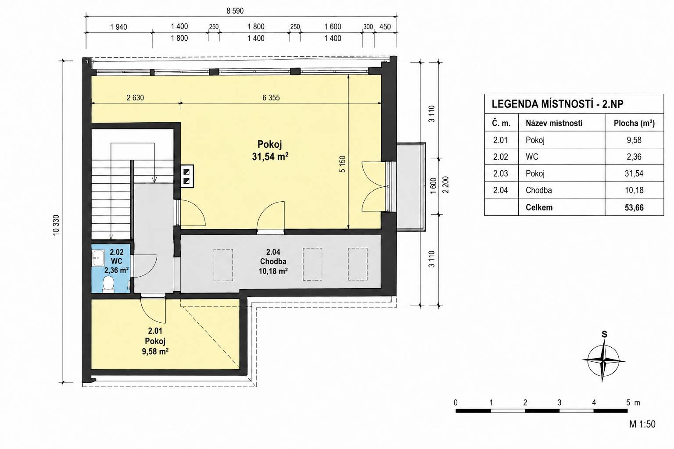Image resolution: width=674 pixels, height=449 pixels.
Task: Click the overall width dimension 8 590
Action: pos(235,11)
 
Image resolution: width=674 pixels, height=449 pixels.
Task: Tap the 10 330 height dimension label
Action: pos(56,225)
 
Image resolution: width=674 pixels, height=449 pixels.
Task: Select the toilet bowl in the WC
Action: pos(108,284)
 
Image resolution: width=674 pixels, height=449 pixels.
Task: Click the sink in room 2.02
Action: pos(98,258)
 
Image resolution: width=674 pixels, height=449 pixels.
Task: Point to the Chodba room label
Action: pos(273,261)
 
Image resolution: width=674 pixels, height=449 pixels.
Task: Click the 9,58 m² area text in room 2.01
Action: pos(155,351)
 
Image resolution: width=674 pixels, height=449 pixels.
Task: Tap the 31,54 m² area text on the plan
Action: pos(270,157)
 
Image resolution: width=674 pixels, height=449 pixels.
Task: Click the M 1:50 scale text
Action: pos(642,424)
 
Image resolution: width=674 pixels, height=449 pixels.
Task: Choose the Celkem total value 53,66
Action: pos(634,207)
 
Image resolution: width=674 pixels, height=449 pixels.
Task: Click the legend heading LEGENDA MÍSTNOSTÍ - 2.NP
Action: pos(558,104)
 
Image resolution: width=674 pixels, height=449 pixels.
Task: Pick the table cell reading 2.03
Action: pos(500,174)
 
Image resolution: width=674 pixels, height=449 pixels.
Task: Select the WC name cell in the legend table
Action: pos(532,157)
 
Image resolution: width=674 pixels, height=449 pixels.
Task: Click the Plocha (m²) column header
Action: pos(634,123)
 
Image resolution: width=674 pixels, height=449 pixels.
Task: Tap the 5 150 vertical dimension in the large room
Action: pos(342,164)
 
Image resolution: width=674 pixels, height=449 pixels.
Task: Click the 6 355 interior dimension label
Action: pos(271,98)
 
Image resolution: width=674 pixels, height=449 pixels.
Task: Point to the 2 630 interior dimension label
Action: pos(135,98)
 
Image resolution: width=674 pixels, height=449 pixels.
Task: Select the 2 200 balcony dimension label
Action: pos(446,185)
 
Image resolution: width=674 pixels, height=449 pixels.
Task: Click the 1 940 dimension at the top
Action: pos(119,27)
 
